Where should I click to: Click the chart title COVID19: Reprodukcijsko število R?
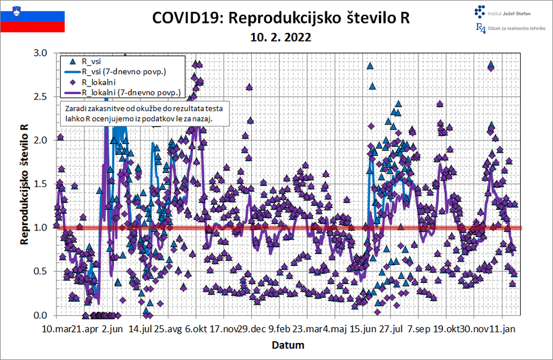pyautogui.click(x=281, y=18)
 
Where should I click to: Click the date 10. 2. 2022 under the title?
pyautogui.click(x=280, y=37)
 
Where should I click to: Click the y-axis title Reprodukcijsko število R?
pyautogui.click(x=25, y=184)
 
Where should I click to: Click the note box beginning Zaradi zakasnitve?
pyautogui.click(x=144, y=113)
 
